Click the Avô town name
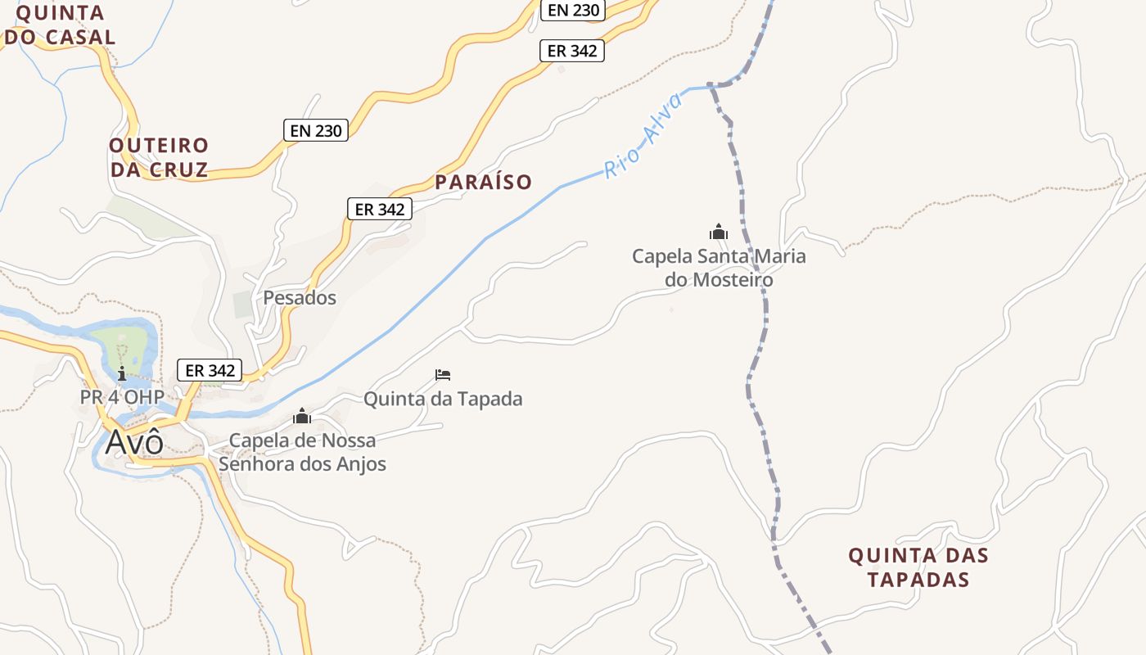[x=134, y=442]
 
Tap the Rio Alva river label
[x=644, y=136]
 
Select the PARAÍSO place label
[x=483, y=182]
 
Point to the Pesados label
[x=300, y=298]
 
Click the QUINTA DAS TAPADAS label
[x=918, y=567]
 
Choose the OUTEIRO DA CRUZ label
[x=159, y=158]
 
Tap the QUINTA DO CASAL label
[x=60, y=25]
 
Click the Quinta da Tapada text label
[x=443, y=400]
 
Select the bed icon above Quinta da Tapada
[x=443, y=375]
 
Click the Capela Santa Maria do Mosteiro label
[x=719, y=268]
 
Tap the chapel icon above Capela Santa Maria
[x=719, y=233]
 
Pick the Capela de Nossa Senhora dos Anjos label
[x=302, y=452]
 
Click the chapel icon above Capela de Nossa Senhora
[x=302, y=416]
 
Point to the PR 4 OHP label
[x=122, y=397]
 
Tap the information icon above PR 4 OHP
[x=122, y=374]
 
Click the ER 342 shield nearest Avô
[x=210, y=370]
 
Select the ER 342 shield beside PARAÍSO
[x=379, y=209]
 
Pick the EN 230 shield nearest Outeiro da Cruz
[x=316, y=129]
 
